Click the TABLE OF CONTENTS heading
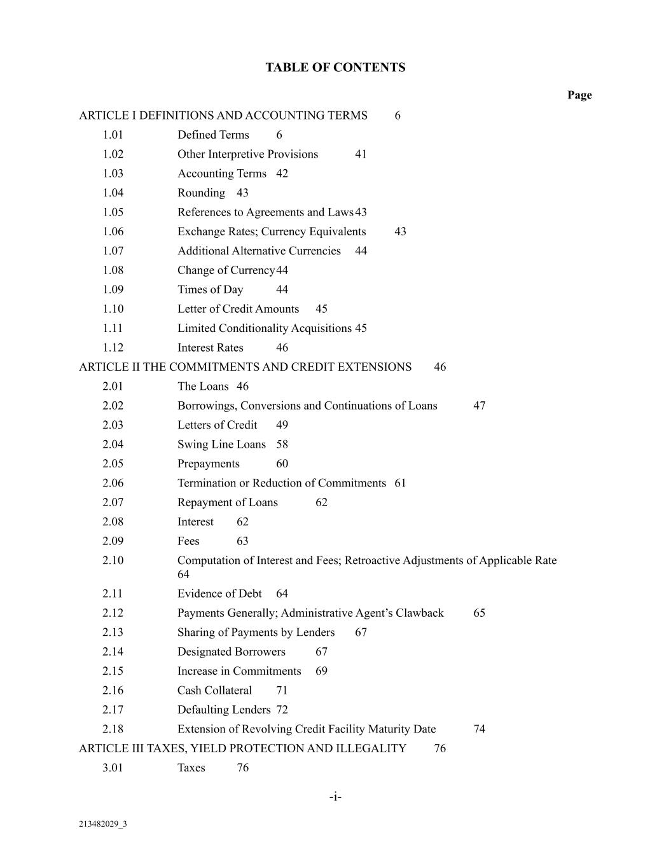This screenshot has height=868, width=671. click(x=335, y=67)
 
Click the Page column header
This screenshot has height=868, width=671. click(x=579, y=95)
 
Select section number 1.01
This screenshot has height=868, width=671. click(x=113, y=135)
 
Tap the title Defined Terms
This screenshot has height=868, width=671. click(x=213, y=135)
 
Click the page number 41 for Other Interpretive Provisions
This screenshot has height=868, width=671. click(x=361, y=154)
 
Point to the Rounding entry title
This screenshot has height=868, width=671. click(x=201, y=193)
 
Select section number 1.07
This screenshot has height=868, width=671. click(x=113, y=251)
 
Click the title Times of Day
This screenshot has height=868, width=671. click(x=210, y=289)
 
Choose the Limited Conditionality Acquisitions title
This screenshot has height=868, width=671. click(x=264, y=328)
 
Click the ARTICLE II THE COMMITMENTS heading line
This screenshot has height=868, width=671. click(x=245, y=367)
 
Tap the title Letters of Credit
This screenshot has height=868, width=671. click(x=217, y=425)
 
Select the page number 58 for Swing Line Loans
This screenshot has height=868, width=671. click(x=282, y=444)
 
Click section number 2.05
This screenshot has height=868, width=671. click(x=113, y=464)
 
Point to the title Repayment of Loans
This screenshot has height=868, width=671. click(x=227, y=502)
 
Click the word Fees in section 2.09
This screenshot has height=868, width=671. click(x=188, y=541)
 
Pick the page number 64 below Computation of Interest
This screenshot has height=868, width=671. click(x=183, y=574)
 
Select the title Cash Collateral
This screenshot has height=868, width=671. click(x=214, y=690)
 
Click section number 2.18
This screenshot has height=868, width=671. click(x=113, y=729)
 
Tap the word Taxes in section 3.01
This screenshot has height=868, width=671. click(x=191, y=768)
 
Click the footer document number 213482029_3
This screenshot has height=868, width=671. click(x=102, y=824)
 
